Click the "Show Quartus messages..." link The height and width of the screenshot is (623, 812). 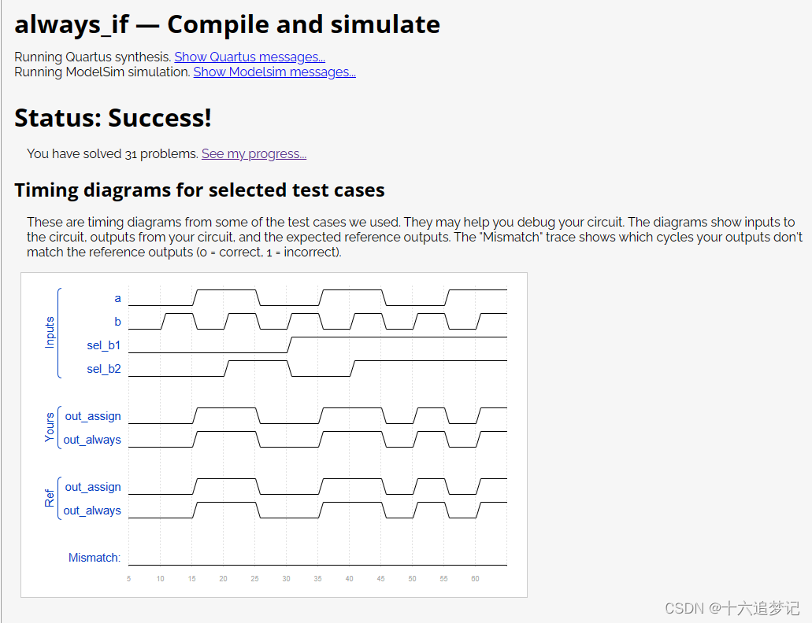[x=250, y=57]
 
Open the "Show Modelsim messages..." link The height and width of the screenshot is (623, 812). [x=274, y=72]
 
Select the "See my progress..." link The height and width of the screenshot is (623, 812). [x=254, y=153]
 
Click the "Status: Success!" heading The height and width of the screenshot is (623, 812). [x=113, y=118]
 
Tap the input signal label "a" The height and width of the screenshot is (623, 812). [x=118, y=298]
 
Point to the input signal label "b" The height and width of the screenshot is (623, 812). [x=118, y=322]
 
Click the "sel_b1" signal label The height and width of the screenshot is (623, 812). [x=104, y=345]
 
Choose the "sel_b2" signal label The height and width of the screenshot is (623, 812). [x=104, y=369]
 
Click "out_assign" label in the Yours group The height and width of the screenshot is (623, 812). [x=93, y=416]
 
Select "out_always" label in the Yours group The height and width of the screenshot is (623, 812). [x=92, y=440]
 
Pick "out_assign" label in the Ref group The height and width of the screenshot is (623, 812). [x=93, y=487]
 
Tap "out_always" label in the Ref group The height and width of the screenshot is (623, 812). [x=92, y=511]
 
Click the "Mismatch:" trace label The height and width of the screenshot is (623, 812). [x=95, y=558]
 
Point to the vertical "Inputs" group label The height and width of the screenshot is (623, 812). [x=50, y=333]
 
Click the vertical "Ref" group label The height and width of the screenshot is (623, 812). [x=50, y=499]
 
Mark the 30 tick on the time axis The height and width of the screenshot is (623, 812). [x=287, y=579]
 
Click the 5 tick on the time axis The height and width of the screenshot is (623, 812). [x=129, y=579]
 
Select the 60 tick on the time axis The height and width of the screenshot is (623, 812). [x=476, y=579]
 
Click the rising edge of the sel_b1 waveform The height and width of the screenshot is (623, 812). [x=289, y=345]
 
